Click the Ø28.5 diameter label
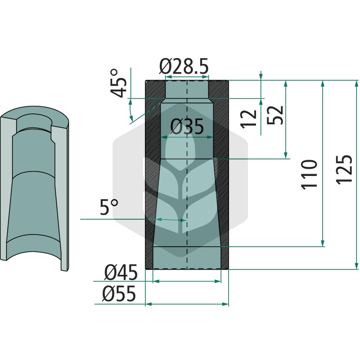pos(184,66)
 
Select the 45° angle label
pos(118,83)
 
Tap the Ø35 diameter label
pos(187,126)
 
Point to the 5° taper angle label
pos(109,207)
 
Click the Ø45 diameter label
pos(121,272)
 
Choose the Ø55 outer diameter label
pos(119,294)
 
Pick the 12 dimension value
pos(249,119)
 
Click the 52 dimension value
pos(275,115)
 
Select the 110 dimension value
pos(309,175)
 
